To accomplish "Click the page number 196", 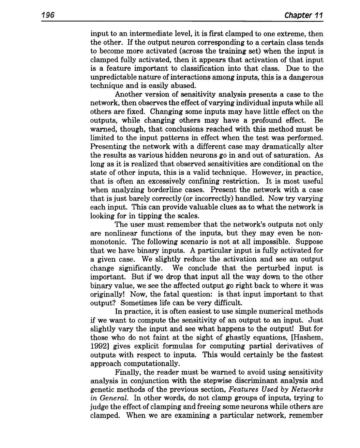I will coord(48,15).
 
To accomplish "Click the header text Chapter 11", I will coord(303,15).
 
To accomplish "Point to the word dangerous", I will coord(305,77).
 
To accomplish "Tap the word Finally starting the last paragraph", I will coord(127,372).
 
